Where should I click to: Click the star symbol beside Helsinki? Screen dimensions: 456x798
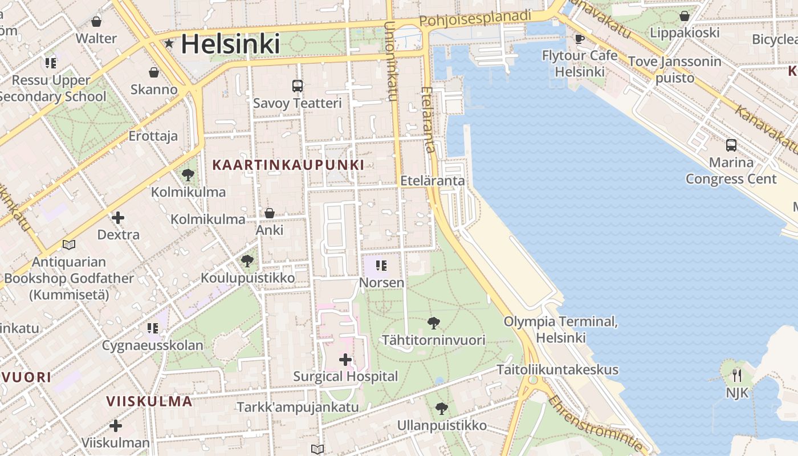(169, 43)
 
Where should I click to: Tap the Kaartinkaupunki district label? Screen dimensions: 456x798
(288, 165)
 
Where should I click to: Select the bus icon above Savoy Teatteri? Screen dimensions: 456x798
(298, 86)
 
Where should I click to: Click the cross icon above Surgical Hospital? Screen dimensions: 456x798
(345, 360)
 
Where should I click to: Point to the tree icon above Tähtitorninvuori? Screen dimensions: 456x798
(434, 323)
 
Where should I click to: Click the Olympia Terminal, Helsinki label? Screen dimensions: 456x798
(561, 329)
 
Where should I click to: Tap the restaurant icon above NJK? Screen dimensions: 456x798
(737, 375)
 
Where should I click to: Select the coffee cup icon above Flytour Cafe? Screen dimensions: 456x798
(580, 39)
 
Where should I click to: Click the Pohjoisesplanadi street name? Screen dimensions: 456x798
(475, 18)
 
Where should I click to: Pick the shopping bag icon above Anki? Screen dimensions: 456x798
(270, 213)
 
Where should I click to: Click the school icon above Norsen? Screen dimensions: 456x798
(381, 266)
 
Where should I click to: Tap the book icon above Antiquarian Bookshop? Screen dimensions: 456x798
(69, 245)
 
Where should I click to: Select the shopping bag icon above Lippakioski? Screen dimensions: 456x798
(684, 16)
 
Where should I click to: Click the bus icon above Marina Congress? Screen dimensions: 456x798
(731, 145)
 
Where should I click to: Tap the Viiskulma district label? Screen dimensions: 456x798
(149, 401)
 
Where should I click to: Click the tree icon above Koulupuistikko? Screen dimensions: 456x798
(247, 261)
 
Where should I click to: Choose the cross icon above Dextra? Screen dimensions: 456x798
(118, 218)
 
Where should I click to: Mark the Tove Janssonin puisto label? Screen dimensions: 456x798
(675, 70)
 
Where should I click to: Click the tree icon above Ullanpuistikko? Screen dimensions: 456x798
(442, 409)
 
